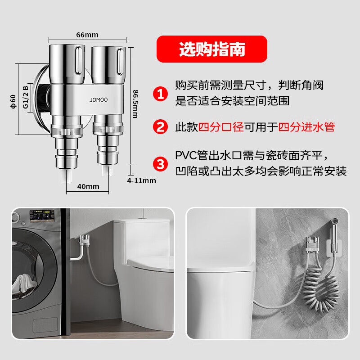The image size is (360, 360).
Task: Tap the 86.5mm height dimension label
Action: [x=135, y=103]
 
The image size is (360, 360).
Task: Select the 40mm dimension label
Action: [x=88, y=186]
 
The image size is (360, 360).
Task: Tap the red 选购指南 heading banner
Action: [x=211, y=49]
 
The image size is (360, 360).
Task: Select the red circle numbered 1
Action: [x=160, y=94]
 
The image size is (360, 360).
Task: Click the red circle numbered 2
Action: [x=160, y=127]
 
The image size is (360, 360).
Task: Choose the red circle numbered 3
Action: [x=160, y=163]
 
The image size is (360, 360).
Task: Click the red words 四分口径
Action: [x=221, y=127]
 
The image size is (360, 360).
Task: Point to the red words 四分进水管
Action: [x=306, y=127]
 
